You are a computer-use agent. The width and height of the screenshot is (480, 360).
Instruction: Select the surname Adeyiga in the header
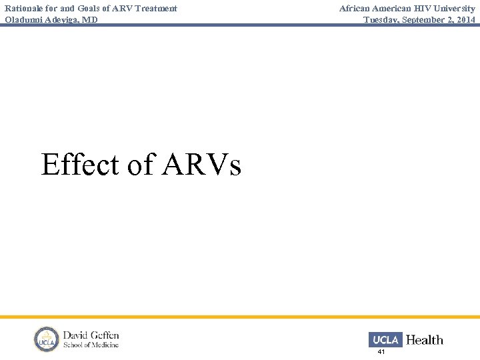click(65, 19)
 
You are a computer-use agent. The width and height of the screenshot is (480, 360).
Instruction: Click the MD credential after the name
click(91, 19)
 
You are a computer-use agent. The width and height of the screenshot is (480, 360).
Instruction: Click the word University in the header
click(455, 9)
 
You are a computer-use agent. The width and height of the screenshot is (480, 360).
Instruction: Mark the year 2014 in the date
click(465, 19)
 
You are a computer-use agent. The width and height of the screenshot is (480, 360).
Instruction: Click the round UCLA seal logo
click(47, 339)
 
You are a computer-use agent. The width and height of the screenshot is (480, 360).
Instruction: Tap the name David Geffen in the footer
click(91, 335)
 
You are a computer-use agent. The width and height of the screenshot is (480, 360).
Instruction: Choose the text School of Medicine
click(91, 345)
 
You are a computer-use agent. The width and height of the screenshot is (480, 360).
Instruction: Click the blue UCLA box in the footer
click(385, 339)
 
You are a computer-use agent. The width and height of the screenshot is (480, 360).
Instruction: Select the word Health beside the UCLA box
click(424, 340)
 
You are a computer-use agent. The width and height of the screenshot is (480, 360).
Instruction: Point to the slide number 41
click(381, 351)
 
